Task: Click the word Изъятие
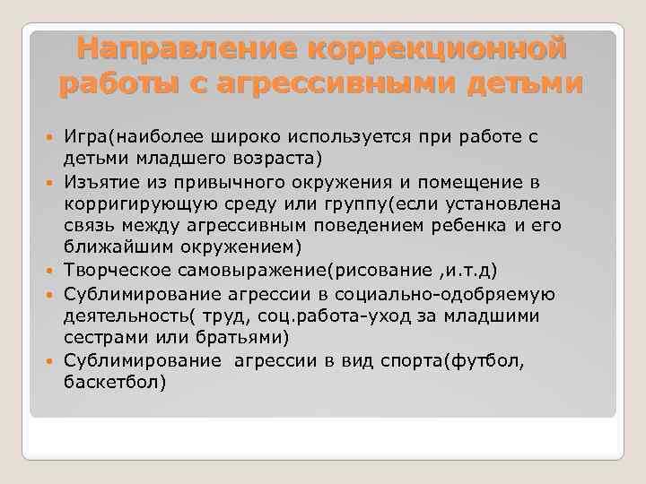pyautogui.click(x=99, y=182)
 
